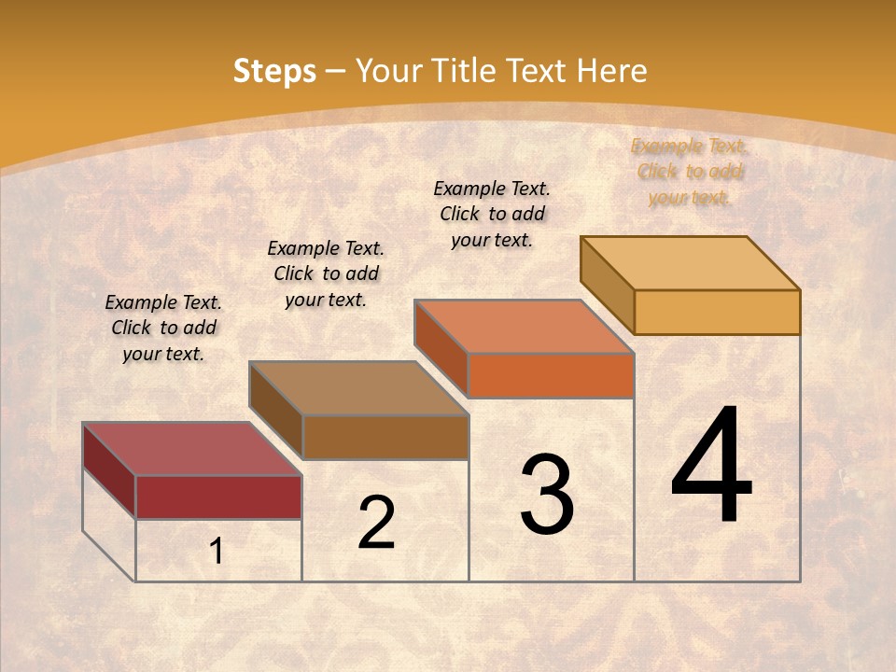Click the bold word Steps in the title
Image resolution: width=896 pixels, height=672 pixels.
[x=274, y=71]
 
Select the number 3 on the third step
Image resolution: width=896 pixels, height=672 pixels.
[x=547, y=494]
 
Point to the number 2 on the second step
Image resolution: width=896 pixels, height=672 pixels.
[x=376, y=523]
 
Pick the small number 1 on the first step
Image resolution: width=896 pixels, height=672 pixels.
[x=217, y=552]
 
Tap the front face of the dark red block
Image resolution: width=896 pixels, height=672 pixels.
[x=218, y=497]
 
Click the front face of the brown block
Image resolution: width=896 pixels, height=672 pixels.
[x=385, y=437]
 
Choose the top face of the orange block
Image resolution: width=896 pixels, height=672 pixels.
[x=525, y=327]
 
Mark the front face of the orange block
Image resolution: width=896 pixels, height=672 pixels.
[x=551, y=375]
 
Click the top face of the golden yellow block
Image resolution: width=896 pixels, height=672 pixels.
[x=691, y=263]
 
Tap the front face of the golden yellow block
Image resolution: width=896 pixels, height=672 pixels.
[x=717, y=312]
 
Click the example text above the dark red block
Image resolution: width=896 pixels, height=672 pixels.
[x=163, y=328]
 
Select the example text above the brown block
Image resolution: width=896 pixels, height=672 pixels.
[x=326, y=273]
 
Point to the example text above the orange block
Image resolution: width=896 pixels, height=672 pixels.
[x=492, y=214]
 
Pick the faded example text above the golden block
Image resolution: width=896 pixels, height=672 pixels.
[x=690, y=171]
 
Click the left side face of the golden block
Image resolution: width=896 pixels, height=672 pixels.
[x=607, y=285]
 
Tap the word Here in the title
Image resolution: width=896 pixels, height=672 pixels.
[x=611, y=71]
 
